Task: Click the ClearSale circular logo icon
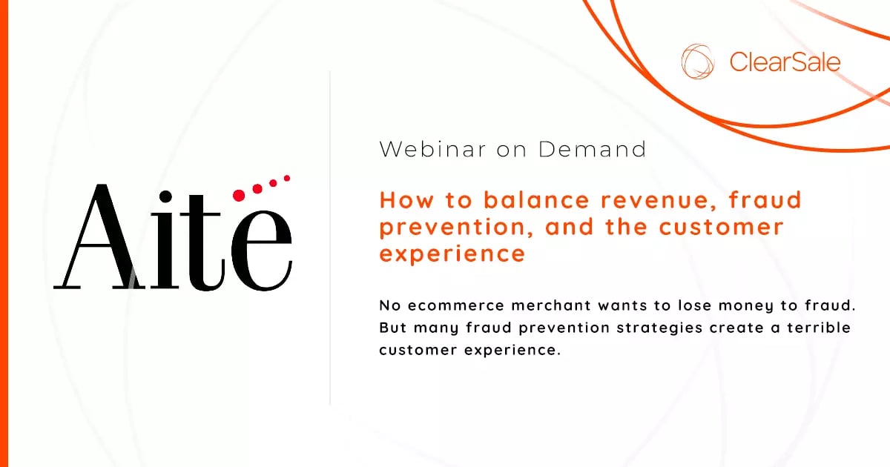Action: (698, 62)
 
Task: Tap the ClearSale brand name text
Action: (785, 62)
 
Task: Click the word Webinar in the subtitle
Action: (432, 149)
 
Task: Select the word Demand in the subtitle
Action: (592, 149)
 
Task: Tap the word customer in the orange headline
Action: (721, 227)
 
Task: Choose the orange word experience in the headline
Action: (452, 254)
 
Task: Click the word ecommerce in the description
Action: (456, 305)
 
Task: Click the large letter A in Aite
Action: (99, 237)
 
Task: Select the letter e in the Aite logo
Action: (261, 251)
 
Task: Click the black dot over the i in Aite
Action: (165, 196)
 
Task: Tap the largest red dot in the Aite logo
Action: (239, 196)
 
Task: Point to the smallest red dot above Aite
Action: (287, 179)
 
